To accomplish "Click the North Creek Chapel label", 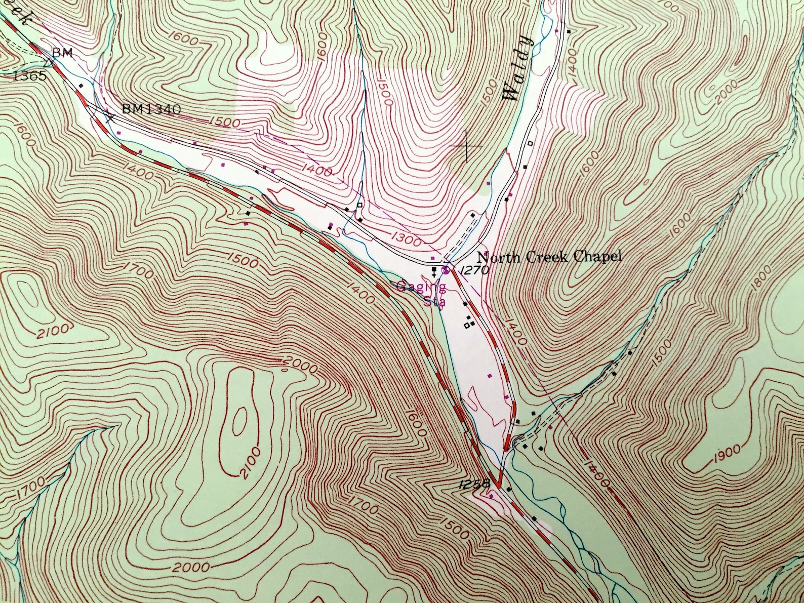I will (549, 257).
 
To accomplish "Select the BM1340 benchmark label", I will (151, 108).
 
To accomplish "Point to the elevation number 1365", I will (30, 76).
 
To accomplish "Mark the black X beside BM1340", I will (110, 117).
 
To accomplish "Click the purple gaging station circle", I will (446, 270).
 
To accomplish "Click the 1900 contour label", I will (725, 455).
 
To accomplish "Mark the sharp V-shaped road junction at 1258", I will (500, 487).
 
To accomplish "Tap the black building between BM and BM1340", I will (81, 86).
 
